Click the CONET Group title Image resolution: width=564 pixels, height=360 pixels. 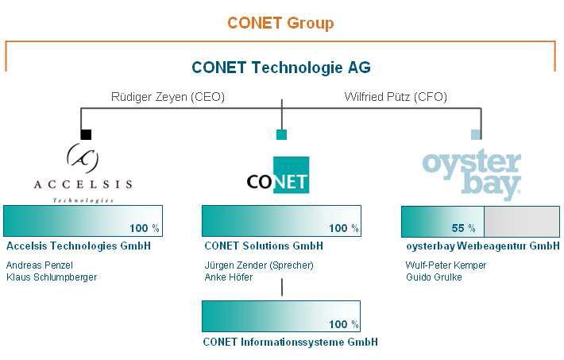[x=280, y=23]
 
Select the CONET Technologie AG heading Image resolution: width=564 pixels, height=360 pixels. [x=280, y=68]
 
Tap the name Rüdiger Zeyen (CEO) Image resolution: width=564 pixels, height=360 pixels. [x=168, y=98]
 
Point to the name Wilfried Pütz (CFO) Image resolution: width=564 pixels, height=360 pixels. [x=396, y=98]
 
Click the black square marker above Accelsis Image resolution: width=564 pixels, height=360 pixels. [x=86, y=134]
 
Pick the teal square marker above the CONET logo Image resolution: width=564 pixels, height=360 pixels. [x=281, y=134]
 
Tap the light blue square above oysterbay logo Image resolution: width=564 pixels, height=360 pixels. [x=476, y=134]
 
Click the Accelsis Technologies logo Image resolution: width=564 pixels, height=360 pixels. [x=83, y=172]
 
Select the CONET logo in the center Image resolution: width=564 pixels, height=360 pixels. [x=277, y=176]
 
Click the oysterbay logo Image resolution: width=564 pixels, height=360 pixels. [x=472, y=173]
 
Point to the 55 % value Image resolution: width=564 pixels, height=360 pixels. [x=463, y=228]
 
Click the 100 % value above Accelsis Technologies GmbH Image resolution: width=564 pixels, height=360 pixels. [x=145, y=228]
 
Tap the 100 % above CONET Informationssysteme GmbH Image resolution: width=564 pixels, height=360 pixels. [x=344, y=324]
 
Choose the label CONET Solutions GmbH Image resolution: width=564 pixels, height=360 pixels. [x=263, y=246]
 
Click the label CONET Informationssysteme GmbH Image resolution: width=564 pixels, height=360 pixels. [x=290, y=342]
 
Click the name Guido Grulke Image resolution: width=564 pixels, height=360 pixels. [x=433, y=277]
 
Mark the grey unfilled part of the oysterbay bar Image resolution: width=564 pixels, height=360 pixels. [x=521, y=221]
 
